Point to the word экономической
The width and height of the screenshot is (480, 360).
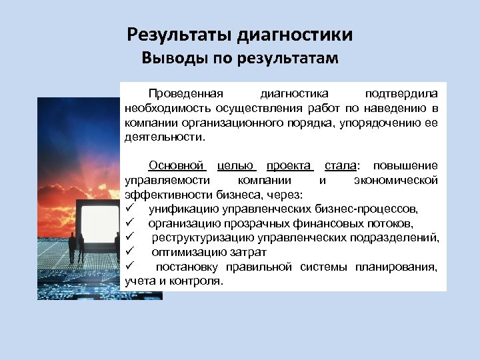tap(396, 180)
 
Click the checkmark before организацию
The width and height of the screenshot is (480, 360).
tap(129, 223)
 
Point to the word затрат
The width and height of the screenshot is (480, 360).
tap(251, 253)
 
